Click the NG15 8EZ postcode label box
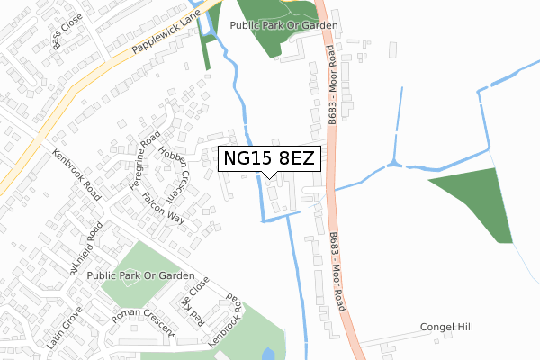coord(269,159)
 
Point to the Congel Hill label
coord(446,328)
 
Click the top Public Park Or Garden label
coord(283,26)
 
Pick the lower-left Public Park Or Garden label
coord(140,274)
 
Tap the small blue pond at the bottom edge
coord(267,355)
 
